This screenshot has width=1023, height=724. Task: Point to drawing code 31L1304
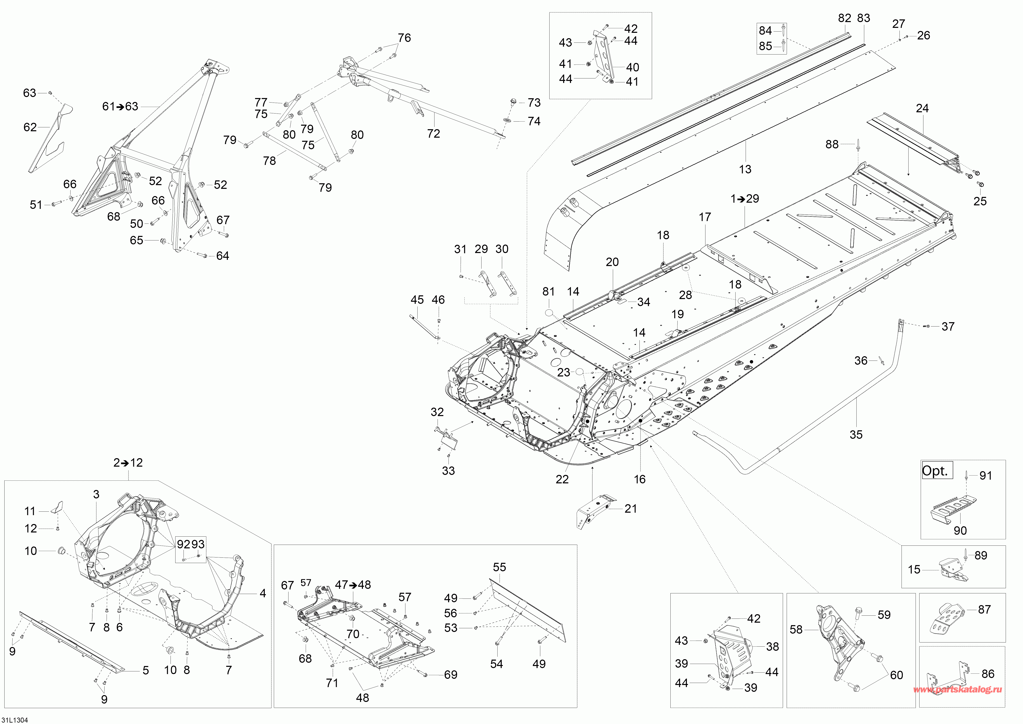tap(15, 719)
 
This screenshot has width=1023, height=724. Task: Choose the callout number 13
tap(745, 169)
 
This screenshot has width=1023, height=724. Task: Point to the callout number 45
tap(417, 300)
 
